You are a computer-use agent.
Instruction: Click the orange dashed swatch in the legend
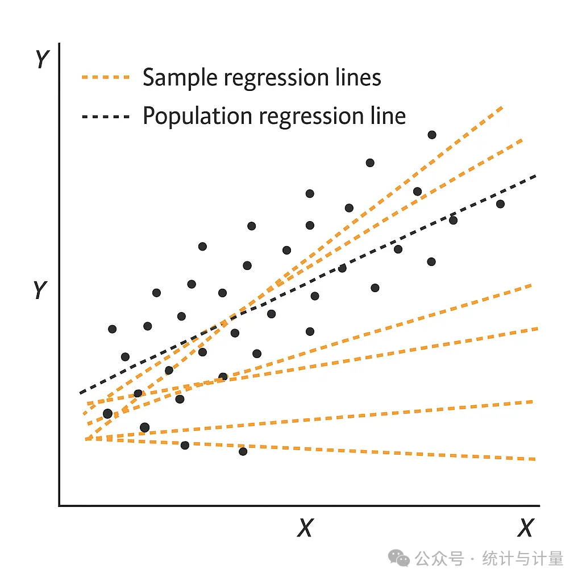[x=106, y=77]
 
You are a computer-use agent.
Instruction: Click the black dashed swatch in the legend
[x=106, y=117]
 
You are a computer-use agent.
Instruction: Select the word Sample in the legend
[x=180, y=78]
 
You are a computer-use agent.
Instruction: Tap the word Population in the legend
[x=197, y=117]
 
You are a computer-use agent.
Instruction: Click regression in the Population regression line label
[x=311, y=118]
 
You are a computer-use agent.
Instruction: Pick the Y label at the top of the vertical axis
[x=42, y=59]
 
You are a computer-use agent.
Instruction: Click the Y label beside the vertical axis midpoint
[x=40, y=289]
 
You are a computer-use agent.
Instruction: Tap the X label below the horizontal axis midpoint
[x=305, y=527]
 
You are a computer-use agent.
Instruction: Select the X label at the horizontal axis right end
[x=526, y=527]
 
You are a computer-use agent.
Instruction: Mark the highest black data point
[x=432, y=135]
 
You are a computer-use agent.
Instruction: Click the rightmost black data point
[x=500, y=204]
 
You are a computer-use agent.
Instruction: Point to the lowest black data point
[x=243, y=451]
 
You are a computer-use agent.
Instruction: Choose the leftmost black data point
[x=107, y=414]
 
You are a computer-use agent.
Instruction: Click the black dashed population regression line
[x=308, y=284]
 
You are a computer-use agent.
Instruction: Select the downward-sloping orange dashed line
[x=310, y=449]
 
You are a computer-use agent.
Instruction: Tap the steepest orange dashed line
[x=294, y=273]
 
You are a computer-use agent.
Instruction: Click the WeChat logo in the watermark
[x=398, y=559]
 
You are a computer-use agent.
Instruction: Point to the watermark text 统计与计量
[x=523, y=559]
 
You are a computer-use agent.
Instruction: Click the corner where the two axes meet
[x=59, y=505]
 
